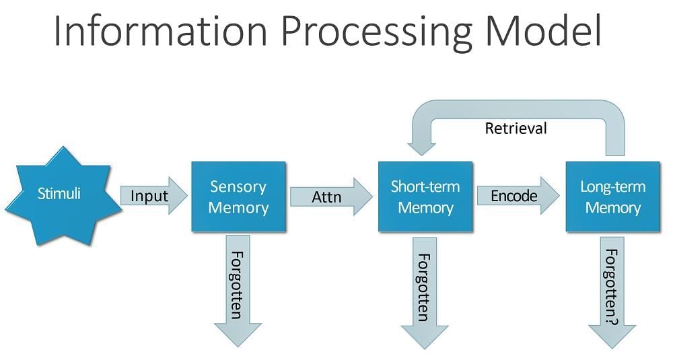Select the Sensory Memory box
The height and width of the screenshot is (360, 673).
coord(238,196)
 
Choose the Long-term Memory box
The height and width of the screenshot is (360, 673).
coord(612,196)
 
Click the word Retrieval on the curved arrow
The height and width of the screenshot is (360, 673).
coord(516,128)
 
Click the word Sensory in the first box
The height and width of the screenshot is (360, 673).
coord(238,186)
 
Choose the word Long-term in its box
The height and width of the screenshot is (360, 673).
coord(612,186)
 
